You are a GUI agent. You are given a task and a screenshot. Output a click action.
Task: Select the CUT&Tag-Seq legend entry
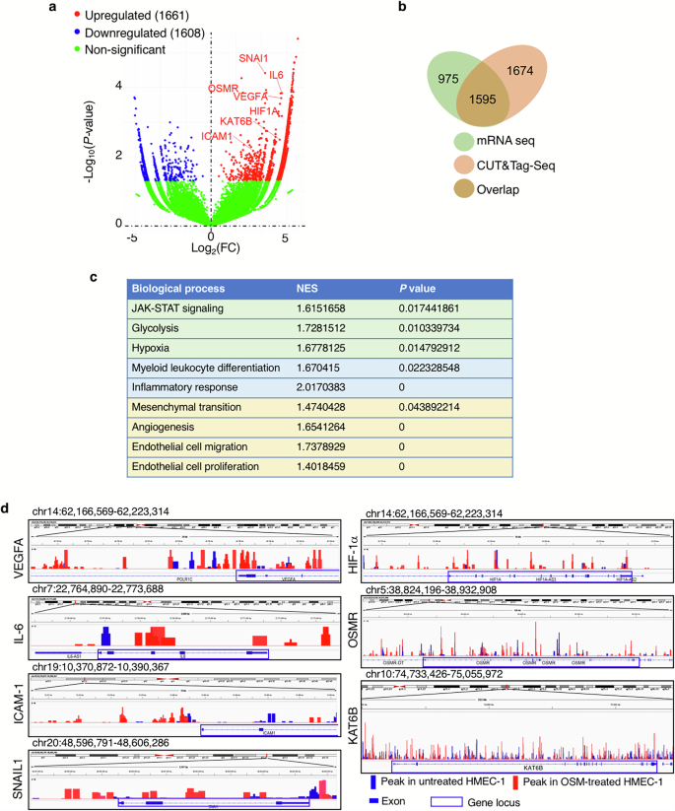(536, 166)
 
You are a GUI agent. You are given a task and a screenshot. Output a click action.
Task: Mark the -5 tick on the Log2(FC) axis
(131, 238)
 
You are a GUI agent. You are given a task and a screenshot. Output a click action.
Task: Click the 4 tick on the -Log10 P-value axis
(120, 86)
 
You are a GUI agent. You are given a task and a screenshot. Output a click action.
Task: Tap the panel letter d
(8, 510)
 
